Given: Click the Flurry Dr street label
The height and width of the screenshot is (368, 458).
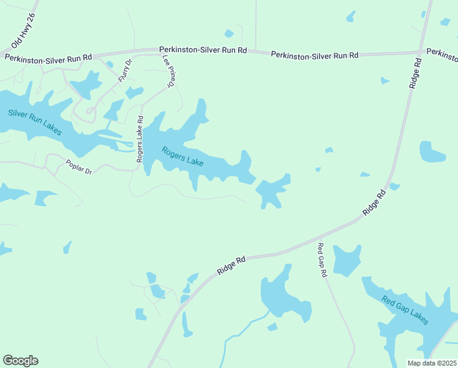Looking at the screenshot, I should (x=126, y=71).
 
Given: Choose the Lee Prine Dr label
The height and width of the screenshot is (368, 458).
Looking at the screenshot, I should (x=168, y=71).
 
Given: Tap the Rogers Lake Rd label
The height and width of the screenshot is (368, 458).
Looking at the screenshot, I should (x=140, y=139).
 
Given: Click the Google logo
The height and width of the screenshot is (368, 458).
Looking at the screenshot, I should (x=20, y=361).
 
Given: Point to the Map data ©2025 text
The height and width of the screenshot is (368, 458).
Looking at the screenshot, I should (x=432, y=363).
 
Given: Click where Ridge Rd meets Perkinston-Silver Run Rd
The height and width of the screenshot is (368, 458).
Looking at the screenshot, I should (x=420, y=52).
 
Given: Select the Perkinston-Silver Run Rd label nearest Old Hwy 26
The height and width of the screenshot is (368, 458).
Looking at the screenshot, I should (x=48, y=57).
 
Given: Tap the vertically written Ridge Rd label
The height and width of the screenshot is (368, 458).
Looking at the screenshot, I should (x=415, y=74).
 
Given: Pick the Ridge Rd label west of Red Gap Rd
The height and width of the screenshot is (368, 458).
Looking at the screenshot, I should (x=231, y=265).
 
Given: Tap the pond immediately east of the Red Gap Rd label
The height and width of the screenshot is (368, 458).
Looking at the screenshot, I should (x=347, y=260).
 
